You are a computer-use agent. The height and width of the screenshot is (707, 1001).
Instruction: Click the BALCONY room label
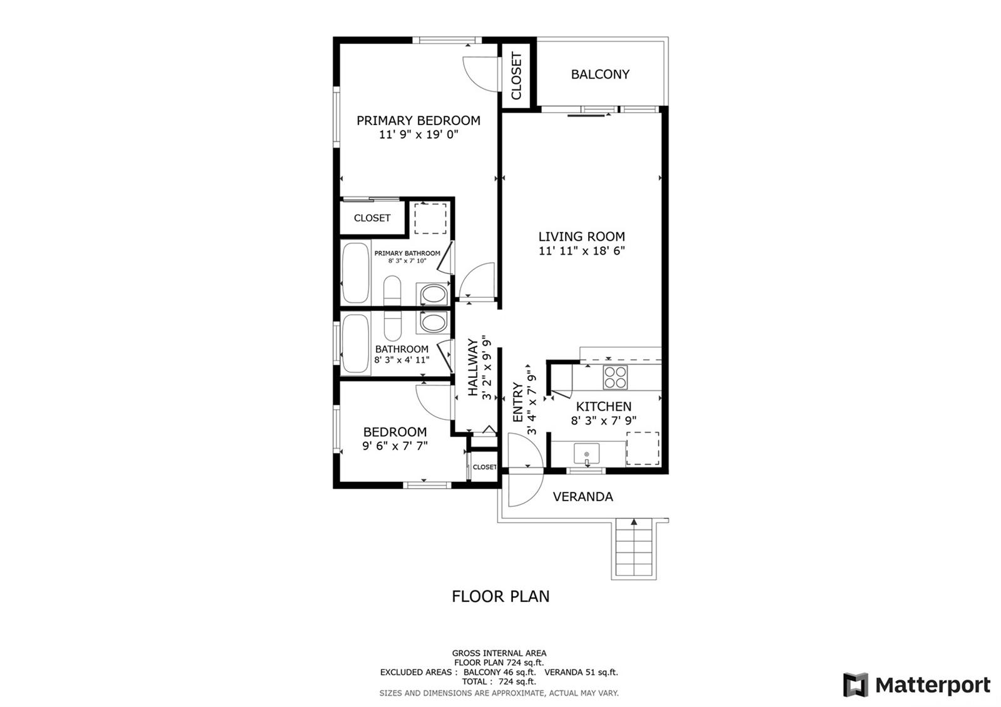pos(600,74)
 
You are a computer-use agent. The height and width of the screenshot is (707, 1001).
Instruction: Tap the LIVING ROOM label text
pos(581,237)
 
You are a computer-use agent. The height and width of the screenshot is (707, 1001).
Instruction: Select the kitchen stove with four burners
pos(616,377)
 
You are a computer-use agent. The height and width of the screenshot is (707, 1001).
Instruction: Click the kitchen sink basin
pos(587,454)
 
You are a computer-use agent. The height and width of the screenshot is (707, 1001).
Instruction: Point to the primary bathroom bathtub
pos(356,273)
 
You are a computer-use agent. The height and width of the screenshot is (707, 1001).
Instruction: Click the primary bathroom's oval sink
pos(434,295)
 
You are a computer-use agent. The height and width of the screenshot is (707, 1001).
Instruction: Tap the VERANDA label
pos(582,497)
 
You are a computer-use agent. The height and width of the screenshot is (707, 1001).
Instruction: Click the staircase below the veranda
pos(634,549)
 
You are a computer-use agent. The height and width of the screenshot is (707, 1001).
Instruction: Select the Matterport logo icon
pos(855,684)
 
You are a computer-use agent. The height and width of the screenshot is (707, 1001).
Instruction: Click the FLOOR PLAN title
pos(500,596)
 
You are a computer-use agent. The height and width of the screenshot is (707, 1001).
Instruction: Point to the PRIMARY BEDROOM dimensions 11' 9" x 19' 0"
pos(419,135)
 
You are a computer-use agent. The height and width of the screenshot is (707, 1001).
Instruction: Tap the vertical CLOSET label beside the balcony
pos(516,76)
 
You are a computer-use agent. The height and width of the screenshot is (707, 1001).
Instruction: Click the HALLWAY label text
pos(472,367)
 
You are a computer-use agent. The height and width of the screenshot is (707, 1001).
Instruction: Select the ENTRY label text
pos(517,402)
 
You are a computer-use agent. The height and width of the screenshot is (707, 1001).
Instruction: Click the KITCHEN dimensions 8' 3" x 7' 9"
pos(603,420)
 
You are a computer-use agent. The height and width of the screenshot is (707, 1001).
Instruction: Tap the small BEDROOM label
pos(395,432)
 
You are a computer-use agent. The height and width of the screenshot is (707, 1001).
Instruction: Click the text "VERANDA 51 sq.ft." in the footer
pos(581,672)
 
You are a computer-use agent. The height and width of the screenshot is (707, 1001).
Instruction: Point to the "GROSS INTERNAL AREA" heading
pos(499,653)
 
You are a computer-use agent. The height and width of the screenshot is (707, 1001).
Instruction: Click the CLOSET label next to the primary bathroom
pos(372,218)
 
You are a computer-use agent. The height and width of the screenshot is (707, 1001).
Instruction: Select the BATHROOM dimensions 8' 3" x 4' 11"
pos(401,360)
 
